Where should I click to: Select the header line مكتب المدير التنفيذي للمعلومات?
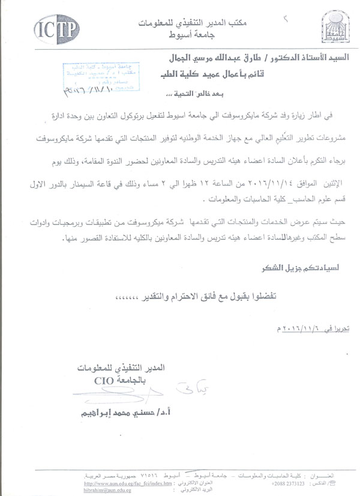178,22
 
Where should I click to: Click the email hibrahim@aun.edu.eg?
104,490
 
